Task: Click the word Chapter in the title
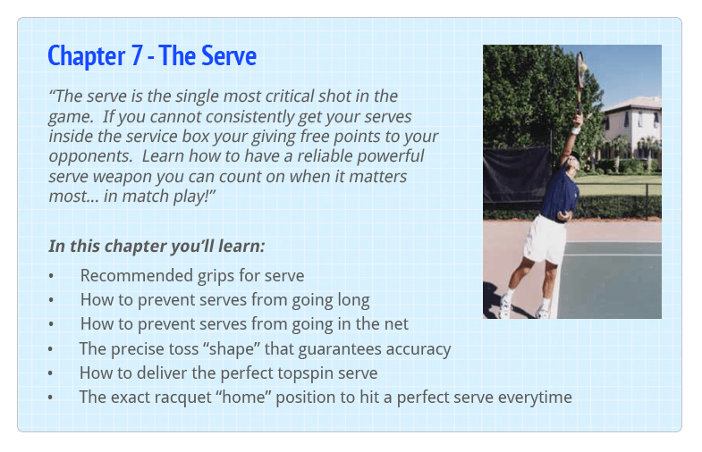[x=87, y=56]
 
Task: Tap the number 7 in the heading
[x=137, y=56]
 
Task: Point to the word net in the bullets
[x=396, y=324]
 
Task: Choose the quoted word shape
[x=232, y=349]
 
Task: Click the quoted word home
[x=243, y=397]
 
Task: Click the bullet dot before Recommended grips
[x=51, y=276]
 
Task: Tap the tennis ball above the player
[x=583, y=67]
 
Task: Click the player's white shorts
[x=545, y=239]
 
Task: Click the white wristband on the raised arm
[x=576, y=130]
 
